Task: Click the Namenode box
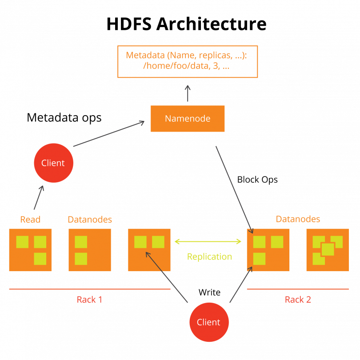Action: click(187, 119)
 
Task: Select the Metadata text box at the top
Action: click(188, 62)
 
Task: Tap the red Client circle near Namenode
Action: click(53, 163)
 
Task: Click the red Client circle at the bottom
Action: click(209, 322)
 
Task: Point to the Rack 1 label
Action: click(89, 300)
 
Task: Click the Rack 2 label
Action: click(298, 300)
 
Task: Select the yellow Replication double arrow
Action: click(208, 241)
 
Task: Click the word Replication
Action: click(209, 257)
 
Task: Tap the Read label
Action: click(30, 220)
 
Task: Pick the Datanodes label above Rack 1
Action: click(90, 220)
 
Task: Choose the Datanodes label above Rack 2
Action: click(298, 219)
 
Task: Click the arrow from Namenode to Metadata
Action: click(188, 93)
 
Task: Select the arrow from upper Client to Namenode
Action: click(109, 134)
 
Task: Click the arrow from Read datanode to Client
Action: click(39, 198)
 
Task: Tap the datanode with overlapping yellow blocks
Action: click(327, 250)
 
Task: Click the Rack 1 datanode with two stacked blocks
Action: click(89, 250)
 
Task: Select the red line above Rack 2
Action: click(298, 289)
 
